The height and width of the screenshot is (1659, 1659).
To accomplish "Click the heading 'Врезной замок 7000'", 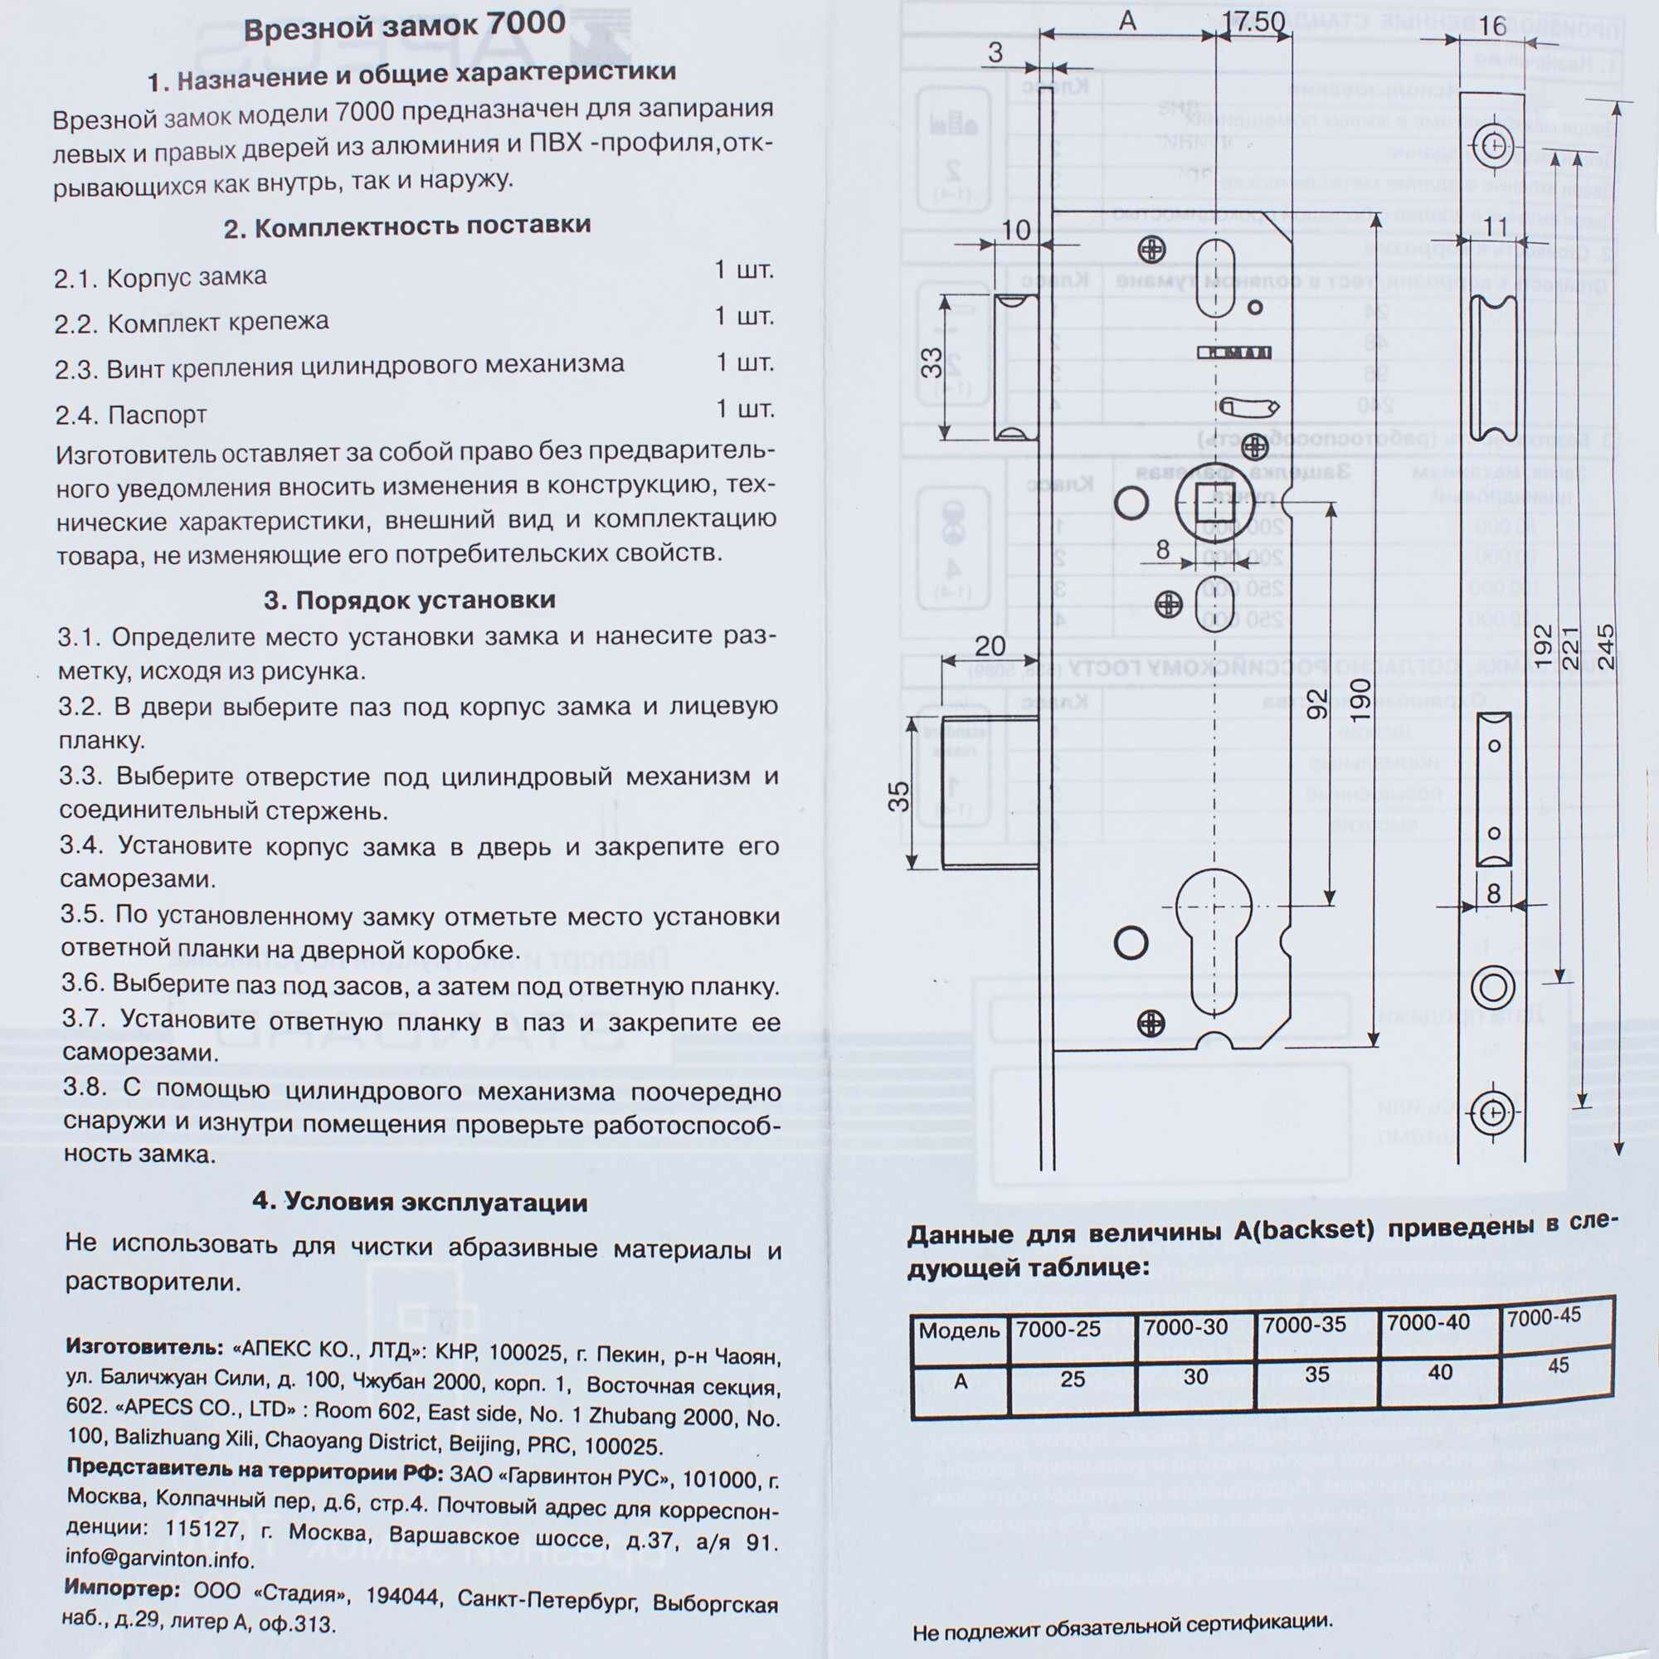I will tap(405, 27).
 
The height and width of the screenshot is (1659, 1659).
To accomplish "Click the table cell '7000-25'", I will tap(1058, 1329).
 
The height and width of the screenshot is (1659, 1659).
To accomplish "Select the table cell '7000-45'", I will tap(1543, 1316).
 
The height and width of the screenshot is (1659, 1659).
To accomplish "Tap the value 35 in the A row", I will tap(1316, 1374).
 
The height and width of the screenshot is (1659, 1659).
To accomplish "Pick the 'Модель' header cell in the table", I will tap(959, 1331).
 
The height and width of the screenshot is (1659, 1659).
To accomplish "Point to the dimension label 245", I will tap(1604, 645).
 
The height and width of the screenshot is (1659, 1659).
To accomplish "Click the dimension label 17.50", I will tap(1253, 22).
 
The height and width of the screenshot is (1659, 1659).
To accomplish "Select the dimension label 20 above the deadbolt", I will tap(990, 645).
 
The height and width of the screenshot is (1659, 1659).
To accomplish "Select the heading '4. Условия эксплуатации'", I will tap(420, 1201).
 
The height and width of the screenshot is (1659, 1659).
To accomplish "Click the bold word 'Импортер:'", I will tap(122, 1589).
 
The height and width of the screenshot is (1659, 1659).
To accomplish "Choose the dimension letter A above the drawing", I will tap(1128, 22).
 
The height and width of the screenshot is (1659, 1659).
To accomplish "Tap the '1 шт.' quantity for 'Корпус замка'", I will tap(743, 270).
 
